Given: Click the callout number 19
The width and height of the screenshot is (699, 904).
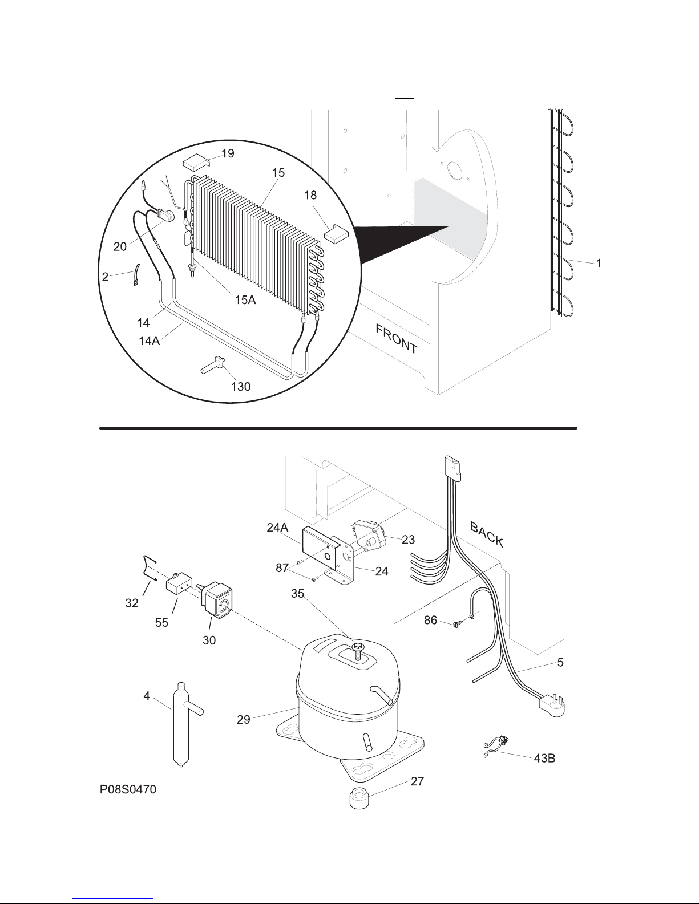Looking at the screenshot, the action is [x=228, y=153].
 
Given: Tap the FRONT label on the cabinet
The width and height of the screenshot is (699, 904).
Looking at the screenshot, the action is [x=397, y=339].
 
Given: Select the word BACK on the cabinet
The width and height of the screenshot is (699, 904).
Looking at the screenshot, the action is [x=487, y=534].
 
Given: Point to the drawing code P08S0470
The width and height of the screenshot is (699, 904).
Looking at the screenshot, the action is [x=128, y=789].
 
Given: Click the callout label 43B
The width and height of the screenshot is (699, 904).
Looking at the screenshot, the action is [x=544, y=758].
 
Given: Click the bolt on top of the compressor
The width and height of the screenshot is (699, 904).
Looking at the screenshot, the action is [x=357, y=651].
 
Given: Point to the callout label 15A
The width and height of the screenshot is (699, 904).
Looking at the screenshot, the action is [x=245, y=299].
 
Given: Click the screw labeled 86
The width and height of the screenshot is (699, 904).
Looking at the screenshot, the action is [x=457, y=623].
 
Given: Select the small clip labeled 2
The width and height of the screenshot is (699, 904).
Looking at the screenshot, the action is [x=137, y=275].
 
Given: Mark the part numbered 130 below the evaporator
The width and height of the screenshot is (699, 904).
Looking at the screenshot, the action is [x=213, y=365].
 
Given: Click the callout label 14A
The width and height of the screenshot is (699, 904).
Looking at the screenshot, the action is [x=149, y=341].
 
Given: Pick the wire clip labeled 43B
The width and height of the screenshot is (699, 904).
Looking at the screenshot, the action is [x=496, y=748].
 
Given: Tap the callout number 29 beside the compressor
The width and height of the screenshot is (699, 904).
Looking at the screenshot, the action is [x=244, y=719].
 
